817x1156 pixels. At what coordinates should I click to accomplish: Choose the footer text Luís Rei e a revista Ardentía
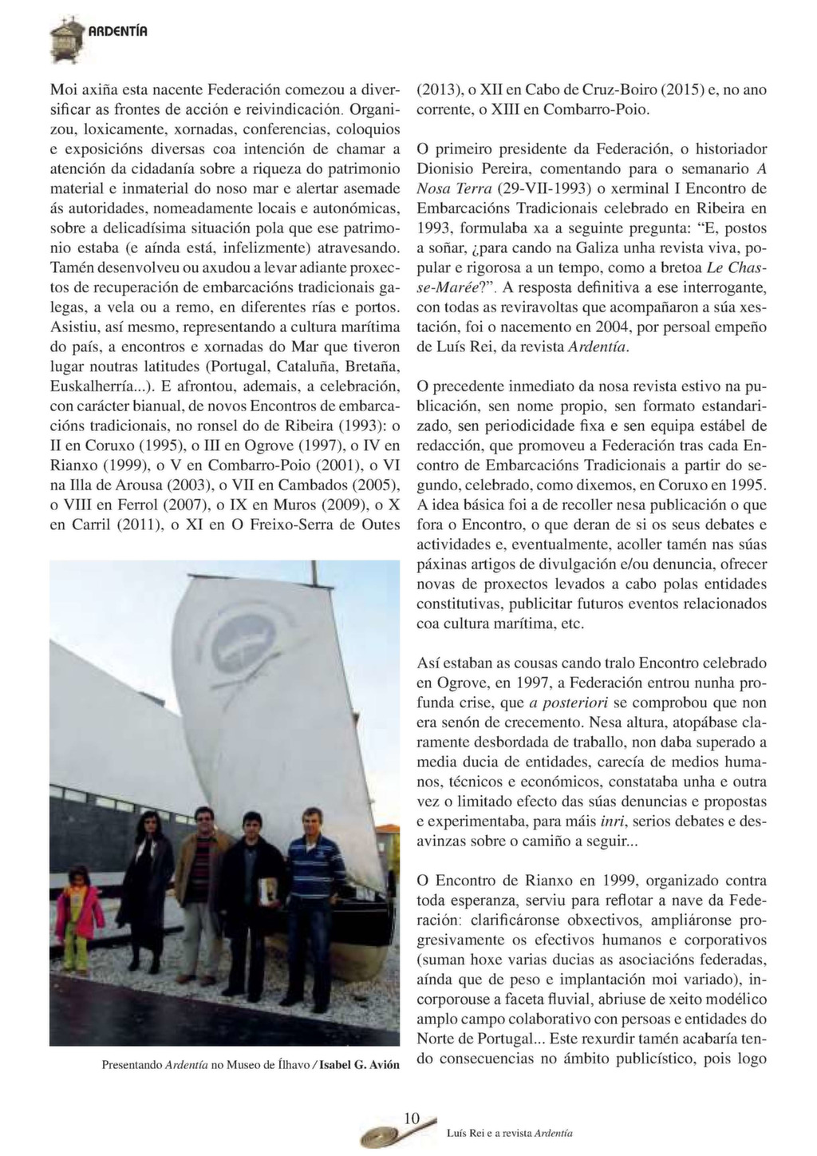[x=509, y=1133]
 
